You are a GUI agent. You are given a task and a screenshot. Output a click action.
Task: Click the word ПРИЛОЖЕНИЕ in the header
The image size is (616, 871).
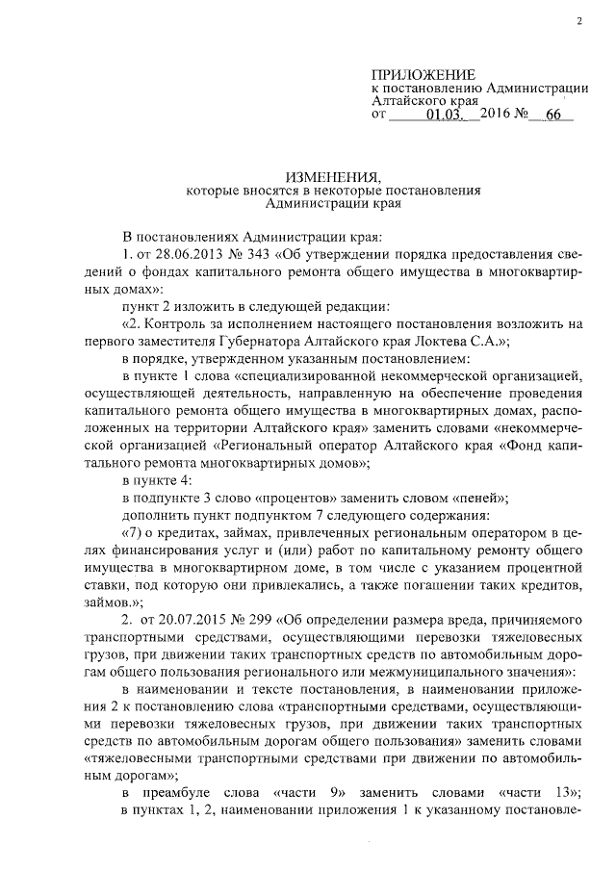point(423,74)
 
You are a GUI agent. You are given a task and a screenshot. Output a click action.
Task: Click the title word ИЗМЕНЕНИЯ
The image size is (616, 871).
point(331,175)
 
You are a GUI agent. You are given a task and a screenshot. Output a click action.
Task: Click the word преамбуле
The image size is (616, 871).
point(187,791)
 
